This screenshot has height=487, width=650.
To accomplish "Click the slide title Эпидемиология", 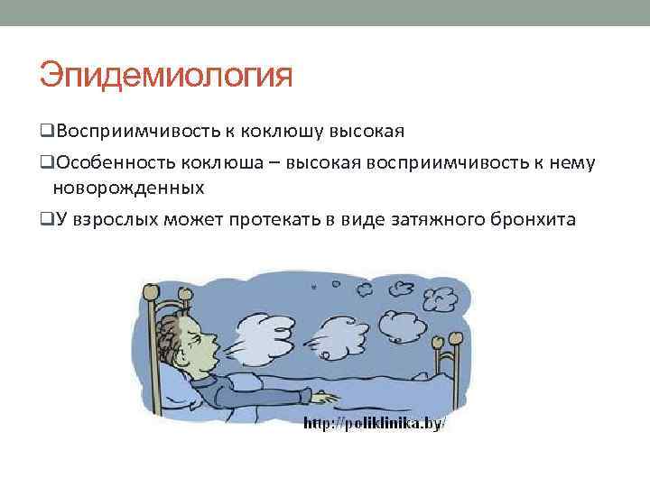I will pyautogui.click(x=166, y=76).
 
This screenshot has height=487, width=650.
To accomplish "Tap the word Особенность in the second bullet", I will pyautogui.click(x=114, y=162).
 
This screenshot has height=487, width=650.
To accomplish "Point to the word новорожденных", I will pyautogui.click(x=128, y=188).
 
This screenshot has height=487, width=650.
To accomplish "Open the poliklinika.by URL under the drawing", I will pyautogui.click(x=374, y=424).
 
